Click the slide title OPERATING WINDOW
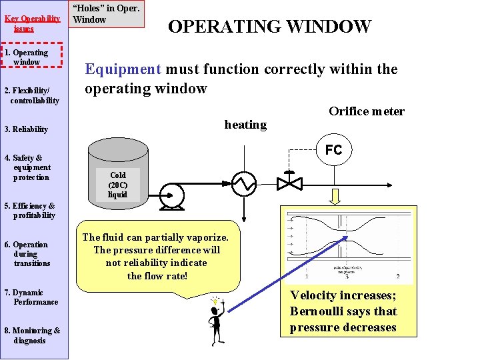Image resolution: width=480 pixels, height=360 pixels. point(269,27)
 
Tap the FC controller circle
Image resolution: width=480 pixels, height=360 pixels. point(333,150)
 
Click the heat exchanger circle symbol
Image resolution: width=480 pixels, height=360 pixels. point(243,181)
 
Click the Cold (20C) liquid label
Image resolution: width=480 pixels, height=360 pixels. point(117,185)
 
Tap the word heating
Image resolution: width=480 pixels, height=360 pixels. point(245,125)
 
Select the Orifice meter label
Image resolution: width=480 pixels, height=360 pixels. point(366,111)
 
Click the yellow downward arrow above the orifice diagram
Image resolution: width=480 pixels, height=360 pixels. point(334,195)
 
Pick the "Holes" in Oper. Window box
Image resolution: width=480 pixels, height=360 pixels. point(106,14)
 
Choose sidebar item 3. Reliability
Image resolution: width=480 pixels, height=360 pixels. point(26,129)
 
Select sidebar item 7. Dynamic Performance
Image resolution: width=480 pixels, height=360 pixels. point(31,297)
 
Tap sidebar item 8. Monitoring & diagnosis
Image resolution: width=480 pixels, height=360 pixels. point(32,335)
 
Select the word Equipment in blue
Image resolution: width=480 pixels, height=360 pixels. point(123,69)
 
